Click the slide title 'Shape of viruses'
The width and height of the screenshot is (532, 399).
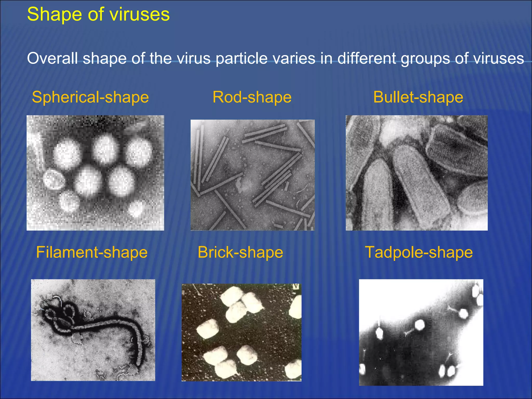(98, 14)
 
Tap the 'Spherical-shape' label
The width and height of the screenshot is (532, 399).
(90, 97)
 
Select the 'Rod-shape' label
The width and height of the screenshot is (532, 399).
(252, 97)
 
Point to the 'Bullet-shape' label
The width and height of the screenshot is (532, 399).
(418, 97)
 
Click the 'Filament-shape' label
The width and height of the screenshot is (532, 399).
(92, 252)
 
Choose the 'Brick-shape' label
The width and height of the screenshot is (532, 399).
(240, 252)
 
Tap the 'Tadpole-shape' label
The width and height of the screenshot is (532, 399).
(419, 252)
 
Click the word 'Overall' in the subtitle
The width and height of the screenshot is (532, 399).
(52, 58)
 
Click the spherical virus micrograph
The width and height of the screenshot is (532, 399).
(95, 173)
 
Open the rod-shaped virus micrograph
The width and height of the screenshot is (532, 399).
(252, 175)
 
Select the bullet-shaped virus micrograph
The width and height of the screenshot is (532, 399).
(416, 173)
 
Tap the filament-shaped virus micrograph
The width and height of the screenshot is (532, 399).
(93, 330)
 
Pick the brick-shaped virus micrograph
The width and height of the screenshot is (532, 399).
(241, 332)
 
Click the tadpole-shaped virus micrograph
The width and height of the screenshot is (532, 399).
(421, 332)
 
